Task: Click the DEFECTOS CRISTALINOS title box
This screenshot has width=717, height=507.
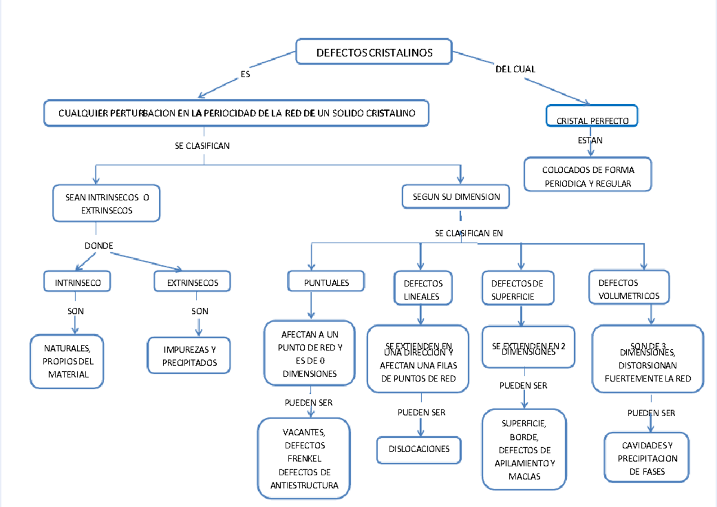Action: point(374,53)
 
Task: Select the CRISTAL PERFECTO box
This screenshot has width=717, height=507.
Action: point(592,120)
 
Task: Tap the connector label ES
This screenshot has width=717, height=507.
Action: point(245,75)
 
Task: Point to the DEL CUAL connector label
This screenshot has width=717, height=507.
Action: point(515,69)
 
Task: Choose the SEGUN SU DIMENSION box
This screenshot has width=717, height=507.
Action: point(456,196)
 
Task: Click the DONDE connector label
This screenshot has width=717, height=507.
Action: point(99,246)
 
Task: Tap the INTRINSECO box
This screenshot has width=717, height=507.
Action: point(78,282)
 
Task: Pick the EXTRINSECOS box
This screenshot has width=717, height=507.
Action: point(192,282)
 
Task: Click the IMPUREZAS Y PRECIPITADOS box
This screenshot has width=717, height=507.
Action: point(189,356)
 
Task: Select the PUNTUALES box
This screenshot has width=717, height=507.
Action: point(326,282)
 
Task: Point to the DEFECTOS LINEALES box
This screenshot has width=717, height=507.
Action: point(423,289)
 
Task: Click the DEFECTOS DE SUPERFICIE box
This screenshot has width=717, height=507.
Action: point(517,289)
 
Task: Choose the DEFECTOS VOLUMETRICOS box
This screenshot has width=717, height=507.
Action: point(629,289)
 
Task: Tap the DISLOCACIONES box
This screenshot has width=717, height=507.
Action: point(419,449)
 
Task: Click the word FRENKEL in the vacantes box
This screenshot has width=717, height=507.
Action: point(305,459)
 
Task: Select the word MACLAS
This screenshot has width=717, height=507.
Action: point(524,477)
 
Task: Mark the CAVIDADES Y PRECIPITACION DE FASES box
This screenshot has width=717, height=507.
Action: point(647,458)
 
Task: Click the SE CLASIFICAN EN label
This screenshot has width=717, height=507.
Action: point(469,233)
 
